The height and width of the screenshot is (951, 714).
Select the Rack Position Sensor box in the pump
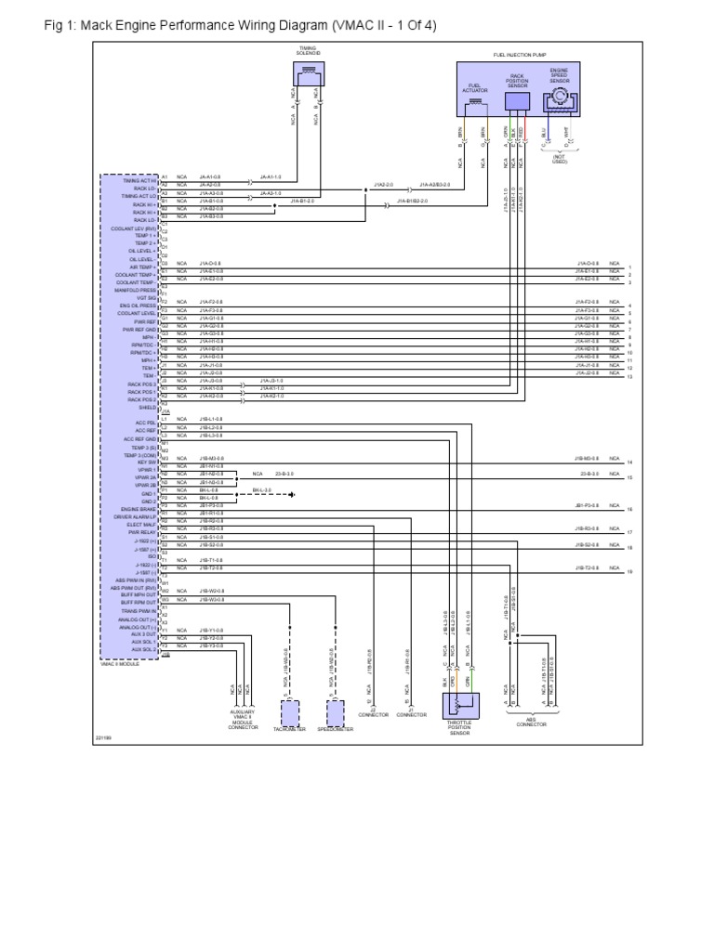point(517,101)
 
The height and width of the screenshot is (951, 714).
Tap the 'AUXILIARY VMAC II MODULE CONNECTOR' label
point(243,721)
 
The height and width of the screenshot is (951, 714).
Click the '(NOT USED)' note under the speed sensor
point(559,159)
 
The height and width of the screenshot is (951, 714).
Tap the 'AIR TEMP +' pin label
point(144,267)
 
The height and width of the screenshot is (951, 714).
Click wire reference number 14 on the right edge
point(629,462)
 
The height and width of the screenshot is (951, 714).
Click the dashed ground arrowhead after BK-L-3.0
point(291,495)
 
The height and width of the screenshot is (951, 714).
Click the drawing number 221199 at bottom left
point(104,738)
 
